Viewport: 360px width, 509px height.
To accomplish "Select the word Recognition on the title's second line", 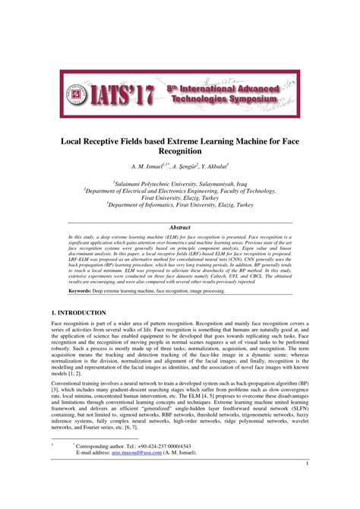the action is pyautogui.click(x=180, y=152).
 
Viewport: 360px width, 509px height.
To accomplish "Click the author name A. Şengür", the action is pyautogui.click(x=183, y=167).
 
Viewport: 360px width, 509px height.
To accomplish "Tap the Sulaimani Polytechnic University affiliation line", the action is pyautogui.click(x=180, y=183).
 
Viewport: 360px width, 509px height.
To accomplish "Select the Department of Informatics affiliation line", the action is pyautogui.click(x=180, y=204).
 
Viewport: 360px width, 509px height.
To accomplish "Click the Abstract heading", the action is pyautogui.click(x=180, y=227).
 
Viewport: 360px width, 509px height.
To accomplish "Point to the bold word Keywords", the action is pyautogui.click(x=80, y=291).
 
